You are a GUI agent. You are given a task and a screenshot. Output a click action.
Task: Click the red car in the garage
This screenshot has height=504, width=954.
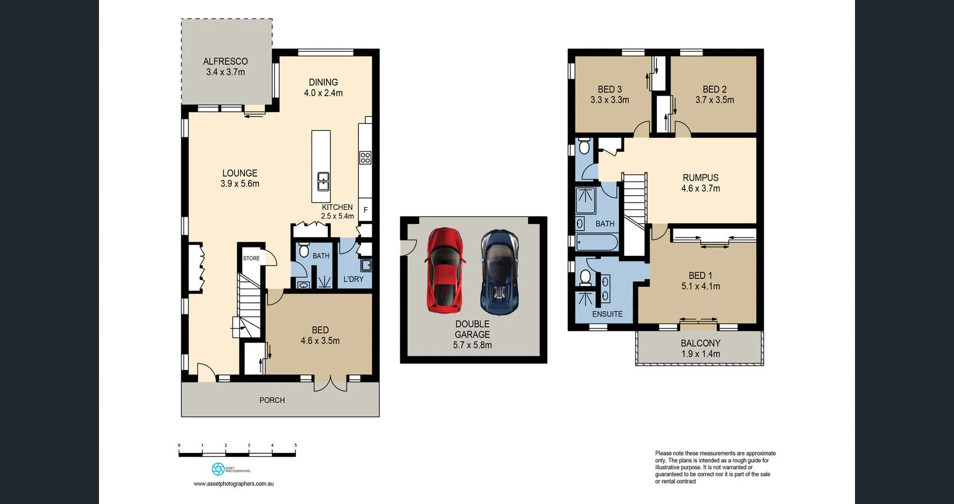(444, 270)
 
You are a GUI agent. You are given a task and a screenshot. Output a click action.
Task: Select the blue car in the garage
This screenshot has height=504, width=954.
(499, 272)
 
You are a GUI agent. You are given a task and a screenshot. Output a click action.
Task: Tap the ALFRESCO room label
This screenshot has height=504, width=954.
(226, 61)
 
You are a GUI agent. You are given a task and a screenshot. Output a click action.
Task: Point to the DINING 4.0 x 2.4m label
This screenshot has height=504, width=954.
(323, 87)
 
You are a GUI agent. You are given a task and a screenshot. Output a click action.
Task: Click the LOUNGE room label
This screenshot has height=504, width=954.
(240, 173)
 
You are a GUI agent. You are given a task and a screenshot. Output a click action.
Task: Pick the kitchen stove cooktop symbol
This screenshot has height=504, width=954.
(366, 157)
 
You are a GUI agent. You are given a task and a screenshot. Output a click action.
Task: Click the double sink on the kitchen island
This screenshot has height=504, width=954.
(323, 182)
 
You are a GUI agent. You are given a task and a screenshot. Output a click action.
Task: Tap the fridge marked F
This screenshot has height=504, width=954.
(366, 210)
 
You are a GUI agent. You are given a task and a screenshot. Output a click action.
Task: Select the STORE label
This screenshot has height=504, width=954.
(251, 258)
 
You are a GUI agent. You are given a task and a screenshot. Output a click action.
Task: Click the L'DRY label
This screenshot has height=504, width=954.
(353, 279)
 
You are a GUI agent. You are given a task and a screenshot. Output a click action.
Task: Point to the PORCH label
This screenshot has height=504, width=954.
(272, 400)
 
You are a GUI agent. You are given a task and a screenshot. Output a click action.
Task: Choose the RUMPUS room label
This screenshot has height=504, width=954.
(701, 178)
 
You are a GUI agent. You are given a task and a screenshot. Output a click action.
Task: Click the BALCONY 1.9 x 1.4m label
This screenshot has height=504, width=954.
(701, 348)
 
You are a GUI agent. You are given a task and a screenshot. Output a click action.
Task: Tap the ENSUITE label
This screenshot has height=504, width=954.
(607, 314)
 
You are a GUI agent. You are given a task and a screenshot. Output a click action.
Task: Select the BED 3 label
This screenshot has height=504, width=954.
(609, 89)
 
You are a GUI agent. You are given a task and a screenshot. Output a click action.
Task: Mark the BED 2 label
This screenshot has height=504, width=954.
(714, 89)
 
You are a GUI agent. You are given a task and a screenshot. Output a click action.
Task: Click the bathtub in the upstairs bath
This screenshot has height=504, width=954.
(597, 242)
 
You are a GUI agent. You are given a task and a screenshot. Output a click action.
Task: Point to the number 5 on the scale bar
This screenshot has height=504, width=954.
(295, 445)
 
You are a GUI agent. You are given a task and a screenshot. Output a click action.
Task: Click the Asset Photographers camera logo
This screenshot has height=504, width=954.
(218, 469)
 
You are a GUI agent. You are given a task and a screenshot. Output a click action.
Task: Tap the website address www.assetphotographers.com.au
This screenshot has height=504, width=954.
(233, 484)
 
